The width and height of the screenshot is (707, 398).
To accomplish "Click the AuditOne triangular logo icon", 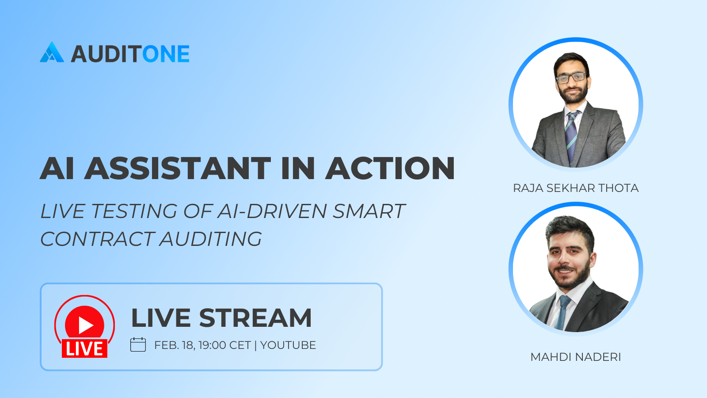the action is point(52,52).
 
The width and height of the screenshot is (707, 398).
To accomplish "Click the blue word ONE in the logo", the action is point(166,54).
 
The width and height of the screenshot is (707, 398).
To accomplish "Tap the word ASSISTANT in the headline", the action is point(177,168).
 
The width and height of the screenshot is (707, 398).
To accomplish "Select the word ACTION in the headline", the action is point(390,168).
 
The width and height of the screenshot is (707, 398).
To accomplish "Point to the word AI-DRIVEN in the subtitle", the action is point(272,211).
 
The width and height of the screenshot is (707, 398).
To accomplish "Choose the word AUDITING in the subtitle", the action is point(211,239).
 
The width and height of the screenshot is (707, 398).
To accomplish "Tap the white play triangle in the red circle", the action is point(85,325).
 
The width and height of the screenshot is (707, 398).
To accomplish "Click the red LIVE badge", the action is point(84,348).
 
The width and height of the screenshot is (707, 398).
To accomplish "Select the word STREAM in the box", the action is point(255,318).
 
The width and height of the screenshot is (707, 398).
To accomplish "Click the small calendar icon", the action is point(138,344).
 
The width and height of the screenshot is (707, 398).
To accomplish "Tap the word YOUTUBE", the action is point(288,345).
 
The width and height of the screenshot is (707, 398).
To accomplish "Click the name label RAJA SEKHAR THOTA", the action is point(576,188).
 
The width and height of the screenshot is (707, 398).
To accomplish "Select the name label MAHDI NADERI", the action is point(576,357).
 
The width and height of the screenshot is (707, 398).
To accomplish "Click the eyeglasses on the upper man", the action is point(571,78).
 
